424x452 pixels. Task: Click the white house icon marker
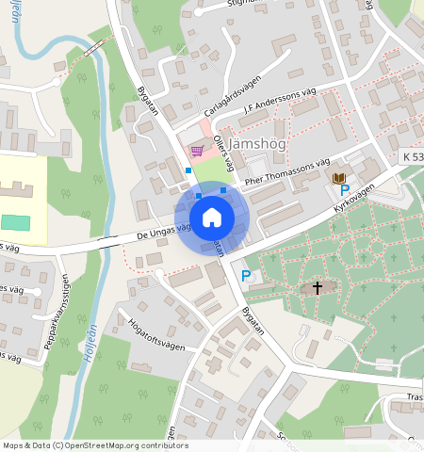[x=212, y=218]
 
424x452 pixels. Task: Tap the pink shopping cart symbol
[x=197, y=150]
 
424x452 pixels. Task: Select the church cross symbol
[x=318, y=287]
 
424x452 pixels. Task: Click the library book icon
[x=338, y=177]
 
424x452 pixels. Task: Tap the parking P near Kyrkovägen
[x=345, y=190]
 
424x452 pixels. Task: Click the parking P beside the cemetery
[x=246, y=276]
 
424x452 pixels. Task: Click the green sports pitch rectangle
[x=14, y=223]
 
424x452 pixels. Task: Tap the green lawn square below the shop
[x=215, y=169]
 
